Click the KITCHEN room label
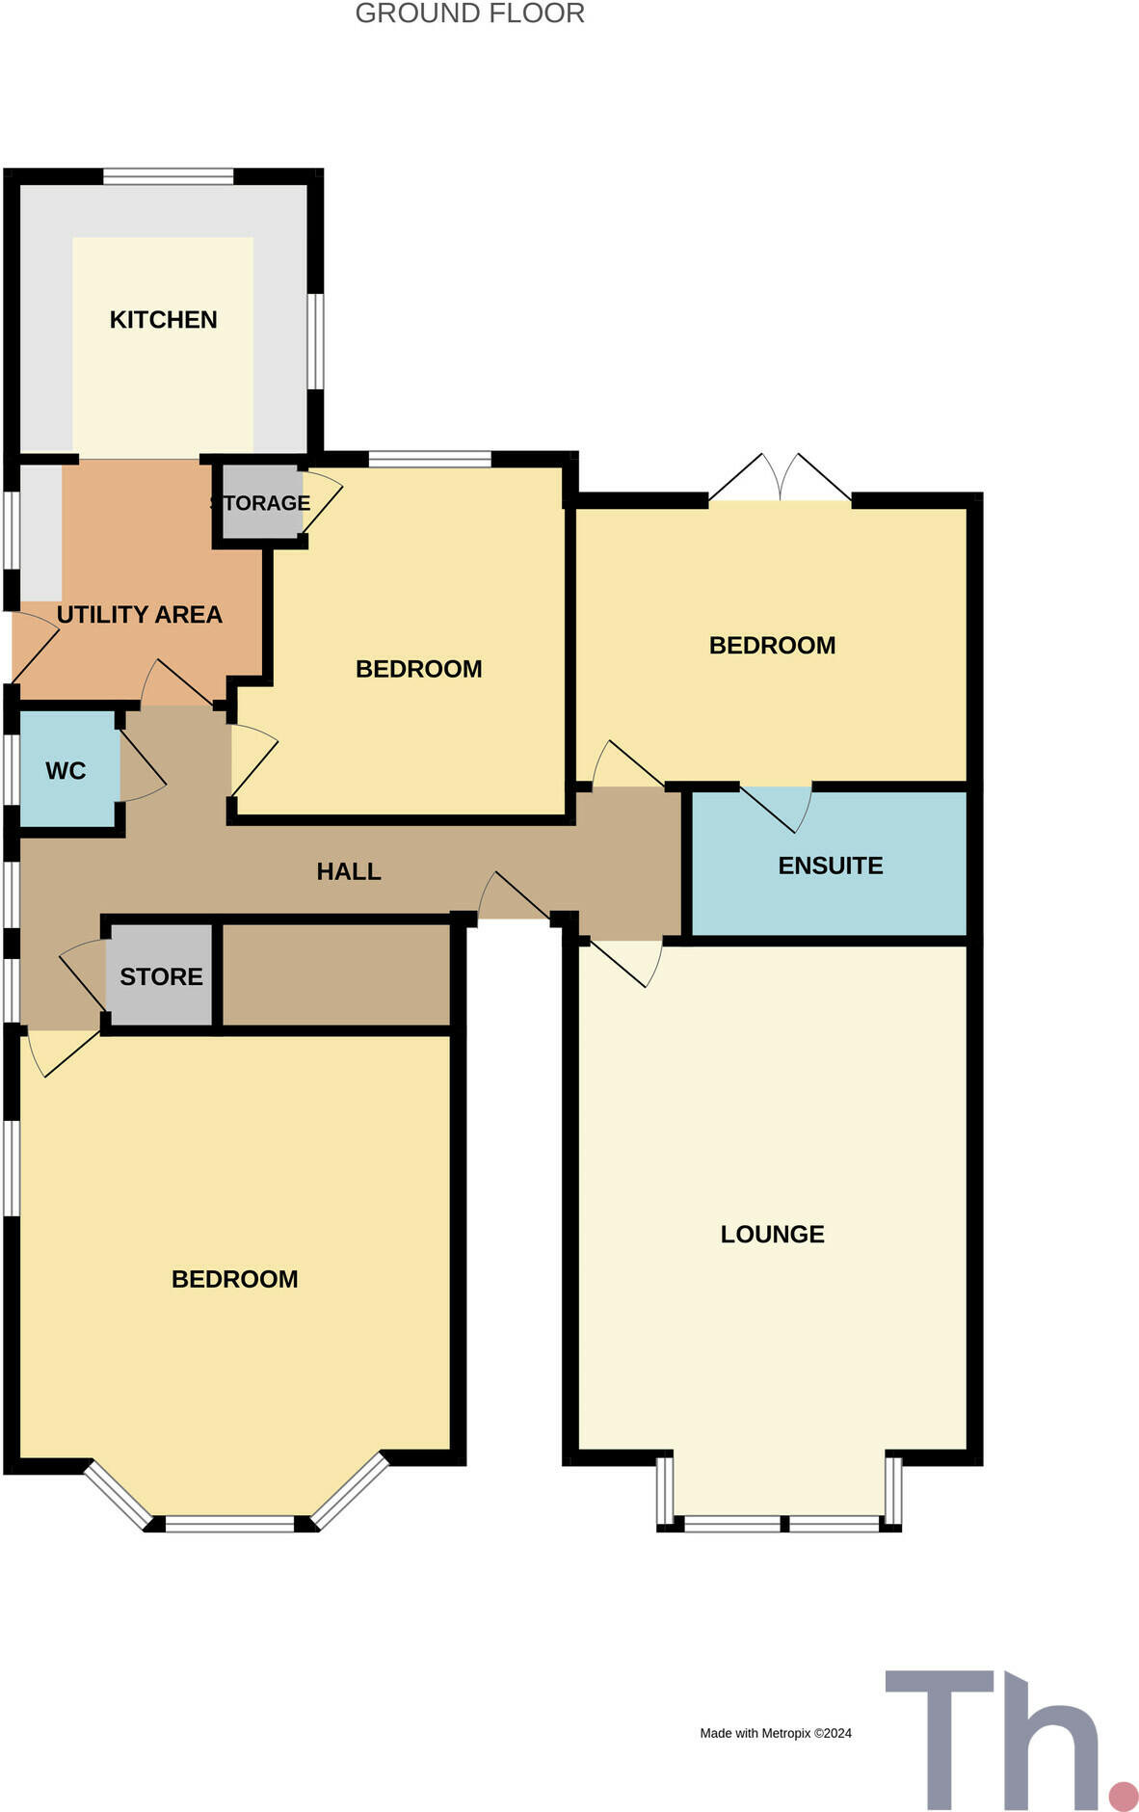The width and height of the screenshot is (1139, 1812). [163, 320]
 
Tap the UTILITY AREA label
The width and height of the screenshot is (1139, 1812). [140, 615]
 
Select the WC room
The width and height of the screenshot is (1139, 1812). [66, 771]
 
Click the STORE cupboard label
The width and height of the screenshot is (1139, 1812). [161, 976]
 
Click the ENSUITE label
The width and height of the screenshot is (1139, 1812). [830, 866]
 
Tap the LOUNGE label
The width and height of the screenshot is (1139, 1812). [772, 1235]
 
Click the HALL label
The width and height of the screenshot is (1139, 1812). [349, 871]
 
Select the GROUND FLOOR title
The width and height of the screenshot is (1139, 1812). [469, 13]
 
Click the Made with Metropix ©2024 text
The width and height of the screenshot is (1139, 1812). [776, 1733]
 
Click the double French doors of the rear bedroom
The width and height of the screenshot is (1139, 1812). [781, 479]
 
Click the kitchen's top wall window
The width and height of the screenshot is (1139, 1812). [169, 176]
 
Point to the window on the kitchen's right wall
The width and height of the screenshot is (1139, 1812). [315, 341]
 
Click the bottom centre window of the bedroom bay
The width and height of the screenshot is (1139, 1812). [229, 1524]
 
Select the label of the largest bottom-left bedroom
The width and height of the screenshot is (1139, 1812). [234, 1279]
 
